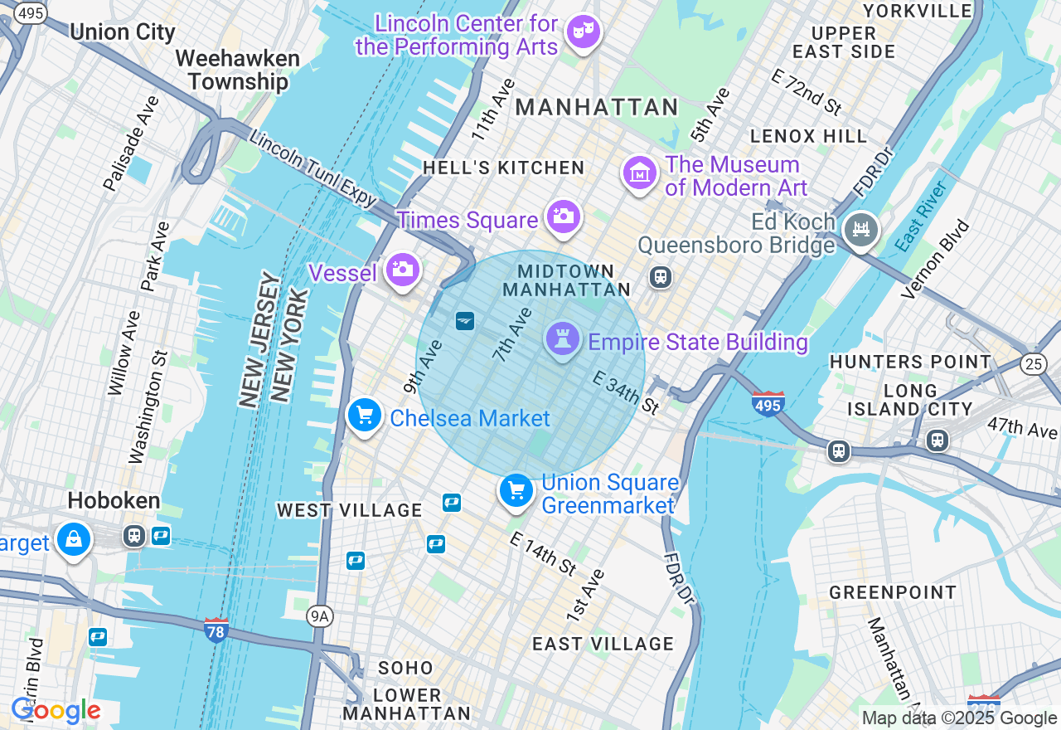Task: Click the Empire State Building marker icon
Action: [x=562, y=338]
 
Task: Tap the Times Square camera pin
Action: [x=563, y=217]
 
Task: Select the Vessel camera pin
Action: [x=402, y=269]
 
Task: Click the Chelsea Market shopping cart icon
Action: [x=364, y=415]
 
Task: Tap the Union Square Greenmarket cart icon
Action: [x=516, y=490]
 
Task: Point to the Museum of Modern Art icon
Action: [x=639, y=173]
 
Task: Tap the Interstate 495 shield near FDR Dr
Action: [x=768, y=404]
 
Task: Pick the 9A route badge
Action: [x=318, y=616]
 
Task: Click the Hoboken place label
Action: [x=114, y=500]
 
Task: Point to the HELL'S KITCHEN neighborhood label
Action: [x=503, y=168]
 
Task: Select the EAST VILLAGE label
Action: [x=603, y=644]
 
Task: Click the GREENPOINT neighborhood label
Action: [x=893, y=592]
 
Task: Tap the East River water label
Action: [x=921, y=216]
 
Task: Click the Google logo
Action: [x=56, y=711]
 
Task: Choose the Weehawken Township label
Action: [x=237, y=70]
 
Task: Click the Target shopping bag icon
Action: [x=74, y=538]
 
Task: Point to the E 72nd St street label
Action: [x=806, y=91]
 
